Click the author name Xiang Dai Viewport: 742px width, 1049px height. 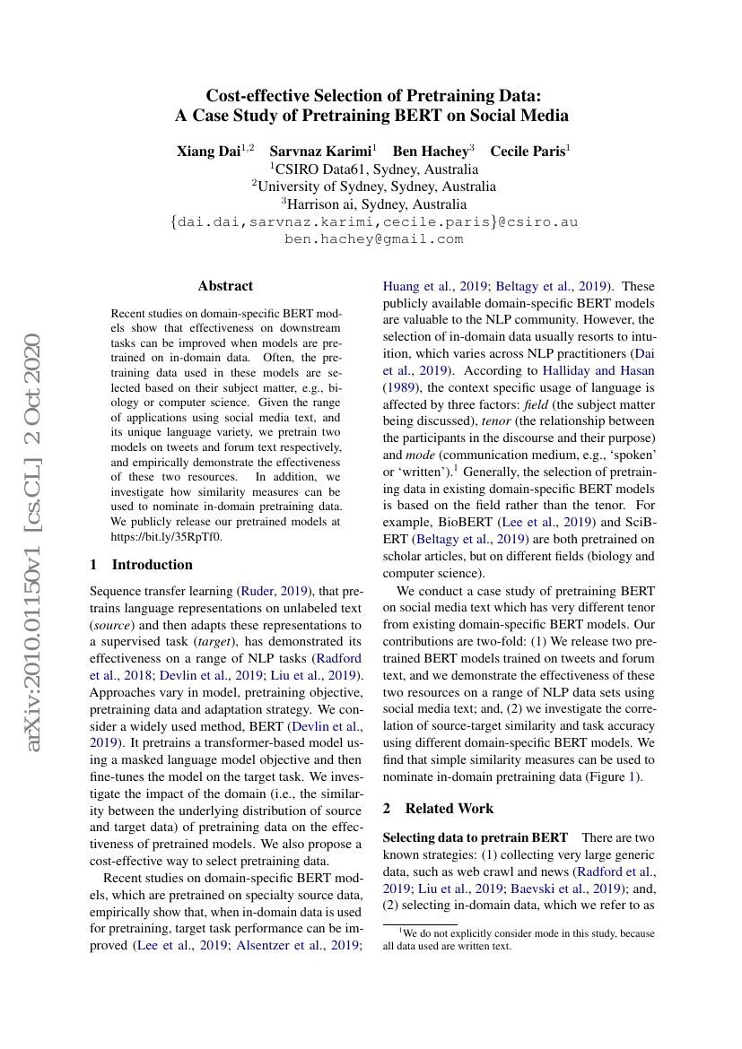pyautogui.click(x=208, y=151)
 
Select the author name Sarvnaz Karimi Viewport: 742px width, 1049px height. pyautogui.click(x=320, y=151)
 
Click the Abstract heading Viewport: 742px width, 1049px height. pyautogui.click(x=225, y=286)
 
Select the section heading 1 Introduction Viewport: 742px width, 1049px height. pyautogui.click(x=142, y=565)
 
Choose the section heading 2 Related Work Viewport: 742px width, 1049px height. pyautogui.click(x=438, y=808)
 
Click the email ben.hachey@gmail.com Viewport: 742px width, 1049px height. pyautogui.click(x=373, y=239)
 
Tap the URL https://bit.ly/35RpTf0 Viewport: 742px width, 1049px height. pyautogui.click(x=166, y=537)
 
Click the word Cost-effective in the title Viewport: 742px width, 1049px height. pyautogui.click(x=259, y=96)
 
